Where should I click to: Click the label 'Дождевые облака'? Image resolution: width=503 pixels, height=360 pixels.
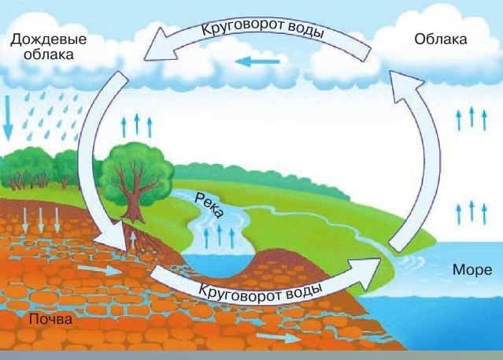[x=49, y=46]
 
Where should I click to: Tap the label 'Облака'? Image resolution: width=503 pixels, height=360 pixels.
[x=441, y=39]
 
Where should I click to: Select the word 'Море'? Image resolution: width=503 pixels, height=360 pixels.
[x=472, y=269]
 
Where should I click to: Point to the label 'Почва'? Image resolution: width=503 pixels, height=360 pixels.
[x=50, y=319]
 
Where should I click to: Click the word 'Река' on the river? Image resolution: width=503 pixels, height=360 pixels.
[x=209, y=206]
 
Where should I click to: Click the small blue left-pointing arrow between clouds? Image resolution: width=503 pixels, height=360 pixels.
[x=257, y=61]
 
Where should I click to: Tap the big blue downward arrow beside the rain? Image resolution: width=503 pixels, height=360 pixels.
[x=8, y=118]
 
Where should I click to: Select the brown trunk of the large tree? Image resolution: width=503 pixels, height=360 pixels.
[x=134, y=199]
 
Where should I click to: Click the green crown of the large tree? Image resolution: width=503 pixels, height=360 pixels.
[x=136, y=170]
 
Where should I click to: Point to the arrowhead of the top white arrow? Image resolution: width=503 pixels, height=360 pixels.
[x=161, y=44]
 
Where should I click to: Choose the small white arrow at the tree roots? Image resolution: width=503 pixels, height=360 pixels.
[x=133, y=239]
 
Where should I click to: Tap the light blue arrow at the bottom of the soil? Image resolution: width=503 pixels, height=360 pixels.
[x=279, y=337]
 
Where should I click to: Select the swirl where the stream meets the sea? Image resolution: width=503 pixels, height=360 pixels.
[x=408, y=262]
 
